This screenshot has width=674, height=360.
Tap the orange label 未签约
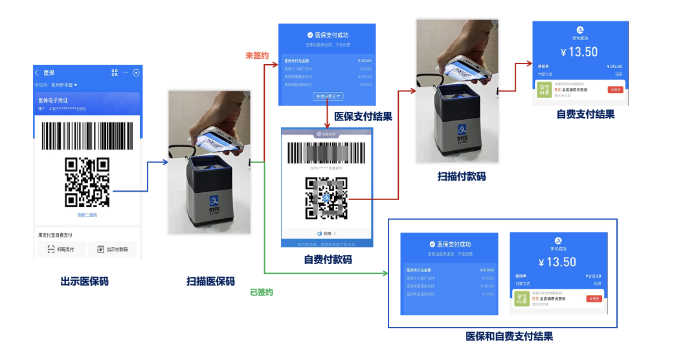pyautogui.click(x=256, y=56)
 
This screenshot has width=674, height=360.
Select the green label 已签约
pyautogui.click(x=261, y=292)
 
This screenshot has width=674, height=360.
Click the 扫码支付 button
pyautogui.click(x=62, y=249)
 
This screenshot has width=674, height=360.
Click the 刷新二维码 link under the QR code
pyautogui.click(x=87, y=215)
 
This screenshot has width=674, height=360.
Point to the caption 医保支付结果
pyautogui.click(x=363, y=117)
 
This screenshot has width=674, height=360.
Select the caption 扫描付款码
pyautogui.click(x=462, y=176)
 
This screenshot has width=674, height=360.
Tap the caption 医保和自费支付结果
pyautogui.click(x=509, y=337)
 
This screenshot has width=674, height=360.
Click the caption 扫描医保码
pyautogui.click(x=210, y=282)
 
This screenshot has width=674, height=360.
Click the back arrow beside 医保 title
pyautogui.click(x=37, y=73)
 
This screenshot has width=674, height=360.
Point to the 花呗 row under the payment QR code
pyautogui.click(x=327, y=233)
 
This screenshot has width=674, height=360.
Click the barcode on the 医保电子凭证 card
pyautogui.click(x=87, y=135)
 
